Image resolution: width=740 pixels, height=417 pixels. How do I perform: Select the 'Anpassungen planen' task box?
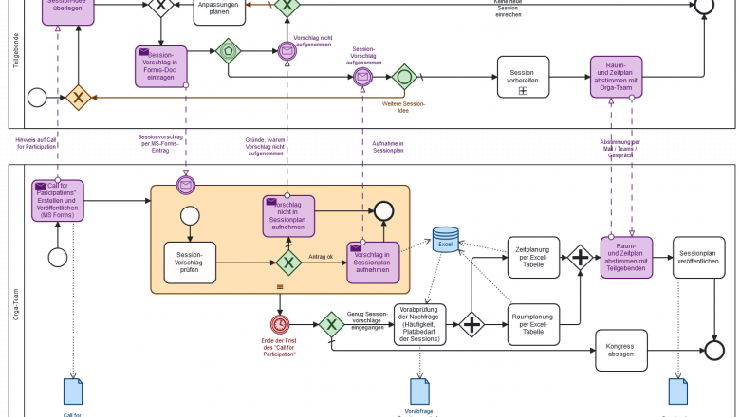pos(219,9)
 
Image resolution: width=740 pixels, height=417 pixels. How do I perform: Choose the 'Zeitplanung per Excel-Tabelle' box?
pos(533,259)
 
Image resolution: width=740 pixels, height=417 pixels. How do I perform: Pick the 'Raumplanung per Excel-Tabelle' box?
pos(533,325)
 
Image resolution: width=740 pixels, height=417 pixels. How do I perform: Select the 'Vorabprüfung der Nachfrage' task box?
pos(419,325)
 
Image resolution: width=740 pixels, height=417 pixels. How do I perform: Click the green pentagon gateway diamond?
pos(228,51)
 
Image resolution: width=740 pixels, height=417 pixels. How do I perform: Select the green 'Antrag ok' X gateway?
pos(288,263)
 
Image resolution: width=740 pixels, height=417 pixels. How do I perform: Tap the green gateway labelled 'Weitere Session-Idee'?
pos(405,77)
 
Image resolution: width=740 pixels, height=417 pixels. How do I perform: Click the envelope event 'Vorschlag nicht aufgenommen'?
pos(287,51)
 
